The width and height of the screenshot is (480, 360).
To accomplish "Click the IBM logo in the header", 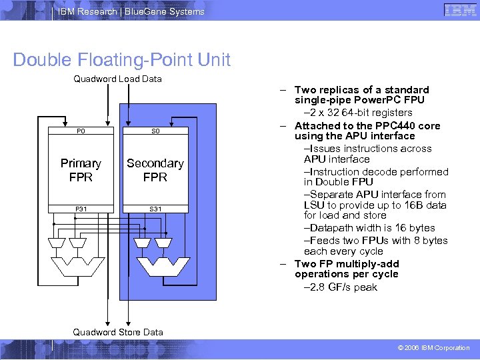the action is click(459, 11).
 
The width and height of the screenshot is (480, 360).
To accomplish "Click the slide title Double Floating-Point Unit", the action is click(122, 60).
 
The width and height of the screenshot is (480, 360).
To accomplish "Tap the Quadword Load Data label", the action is click(117, 79).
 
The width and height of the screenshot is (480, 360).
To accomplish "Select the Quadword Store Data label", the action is click(117, 332).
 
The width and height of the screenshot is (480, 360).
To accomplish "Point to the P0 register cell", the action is click(81, 132).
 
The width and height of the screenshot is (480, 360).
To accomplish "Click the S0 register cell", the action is click(155, 132).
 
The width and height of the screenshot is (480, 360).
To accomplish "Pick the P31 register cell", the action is click(81, 209).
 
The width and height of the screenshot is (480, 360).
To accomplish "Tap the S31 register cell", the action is click(155, 209).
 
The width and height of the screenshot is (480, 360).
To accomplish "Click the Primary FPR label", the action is click(81, 170).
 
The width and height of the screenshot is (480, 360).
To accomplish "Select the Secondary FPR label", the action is click(155, 170).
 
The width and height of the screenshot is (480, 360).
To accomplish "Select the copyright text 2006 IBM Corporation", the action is click(434, 348).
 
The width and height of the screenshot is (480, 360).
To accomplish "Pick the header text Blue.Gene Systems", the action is click(169, 11).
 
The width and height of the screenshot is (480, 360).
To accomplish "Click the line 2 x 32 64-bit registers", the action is click(359, 113).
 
